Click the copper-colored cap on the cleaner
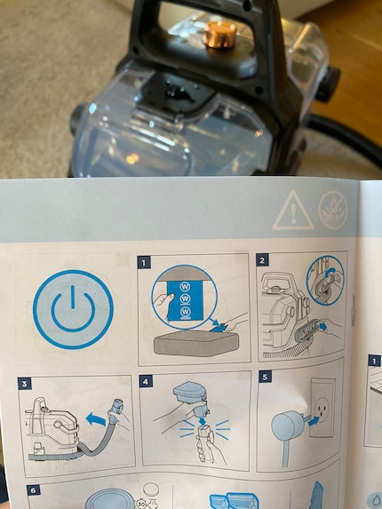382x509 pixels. coord(219,36)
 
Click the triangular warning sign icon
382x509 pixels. coord(287,211)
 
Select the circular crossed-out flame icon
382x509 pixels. coord(333,211)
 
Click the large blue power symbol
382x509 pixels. coord(73,309)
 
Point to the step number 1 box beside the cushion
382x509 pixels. coord(145,263)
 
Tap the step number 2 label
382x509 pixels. coord(262,260)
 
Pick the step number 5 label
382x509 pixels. coord(264,376)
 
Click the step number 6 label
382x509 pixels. coord(33,489)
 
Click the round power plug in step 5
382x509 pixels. coord(286,425)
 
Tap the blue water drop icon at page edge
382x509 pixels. coord(375,497)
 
